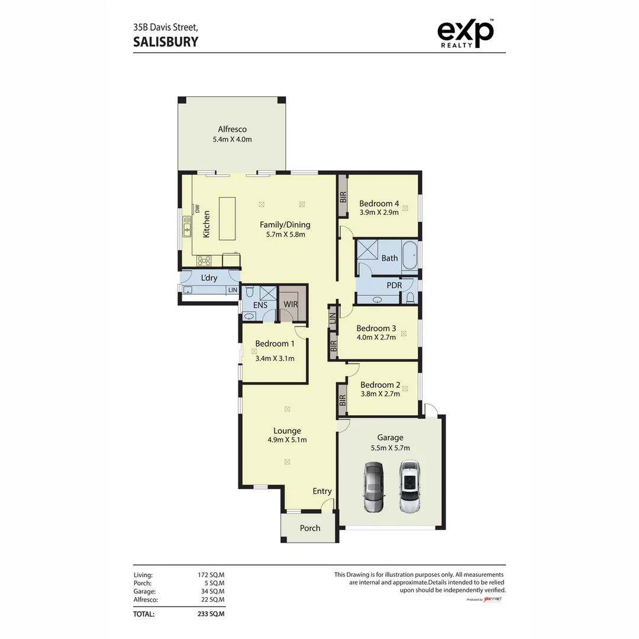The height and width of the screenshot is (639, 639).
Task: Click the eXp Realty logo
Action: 465,34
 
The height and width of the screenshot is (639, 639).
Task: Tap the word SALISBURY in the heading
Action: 166,41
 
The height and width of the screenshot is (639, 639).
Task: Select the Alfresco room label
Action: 232,130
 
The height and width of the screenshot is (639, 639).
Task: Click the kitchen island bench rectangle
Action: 227,218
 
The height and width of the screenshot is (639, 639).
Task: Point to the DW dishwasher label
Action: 198,209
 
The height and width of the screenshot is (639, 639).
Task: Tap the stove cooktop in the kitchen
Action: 204,260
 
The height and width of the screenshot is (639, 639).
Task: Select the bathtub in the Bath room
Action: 409,258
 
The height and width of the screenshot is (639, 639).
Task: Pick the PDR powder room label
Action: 394,285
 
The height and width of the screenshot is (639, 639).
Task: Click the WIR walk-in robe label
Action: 291,304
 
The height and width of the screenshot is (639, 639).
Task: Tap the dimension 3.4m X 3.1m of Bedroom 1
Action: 275,358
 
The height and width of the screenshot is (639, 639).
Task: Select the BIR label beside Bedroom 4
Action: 343,197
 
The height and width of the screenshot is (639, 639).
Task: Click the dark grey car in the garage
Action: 374,486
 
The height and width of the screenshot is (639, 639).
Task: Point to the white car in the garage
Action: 409,486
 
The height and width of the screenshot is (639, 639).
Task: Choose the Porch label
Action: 310,528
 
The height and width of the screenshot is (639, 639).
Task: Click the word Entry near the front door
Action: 322,491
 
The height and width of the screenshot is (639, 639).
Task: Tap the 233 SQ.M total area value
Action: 211,614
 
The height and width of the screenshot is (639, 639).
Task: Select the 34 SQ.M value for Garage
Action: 211,591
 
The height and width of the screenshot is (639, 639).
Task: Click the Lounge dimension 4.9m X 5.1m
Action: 287,440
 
